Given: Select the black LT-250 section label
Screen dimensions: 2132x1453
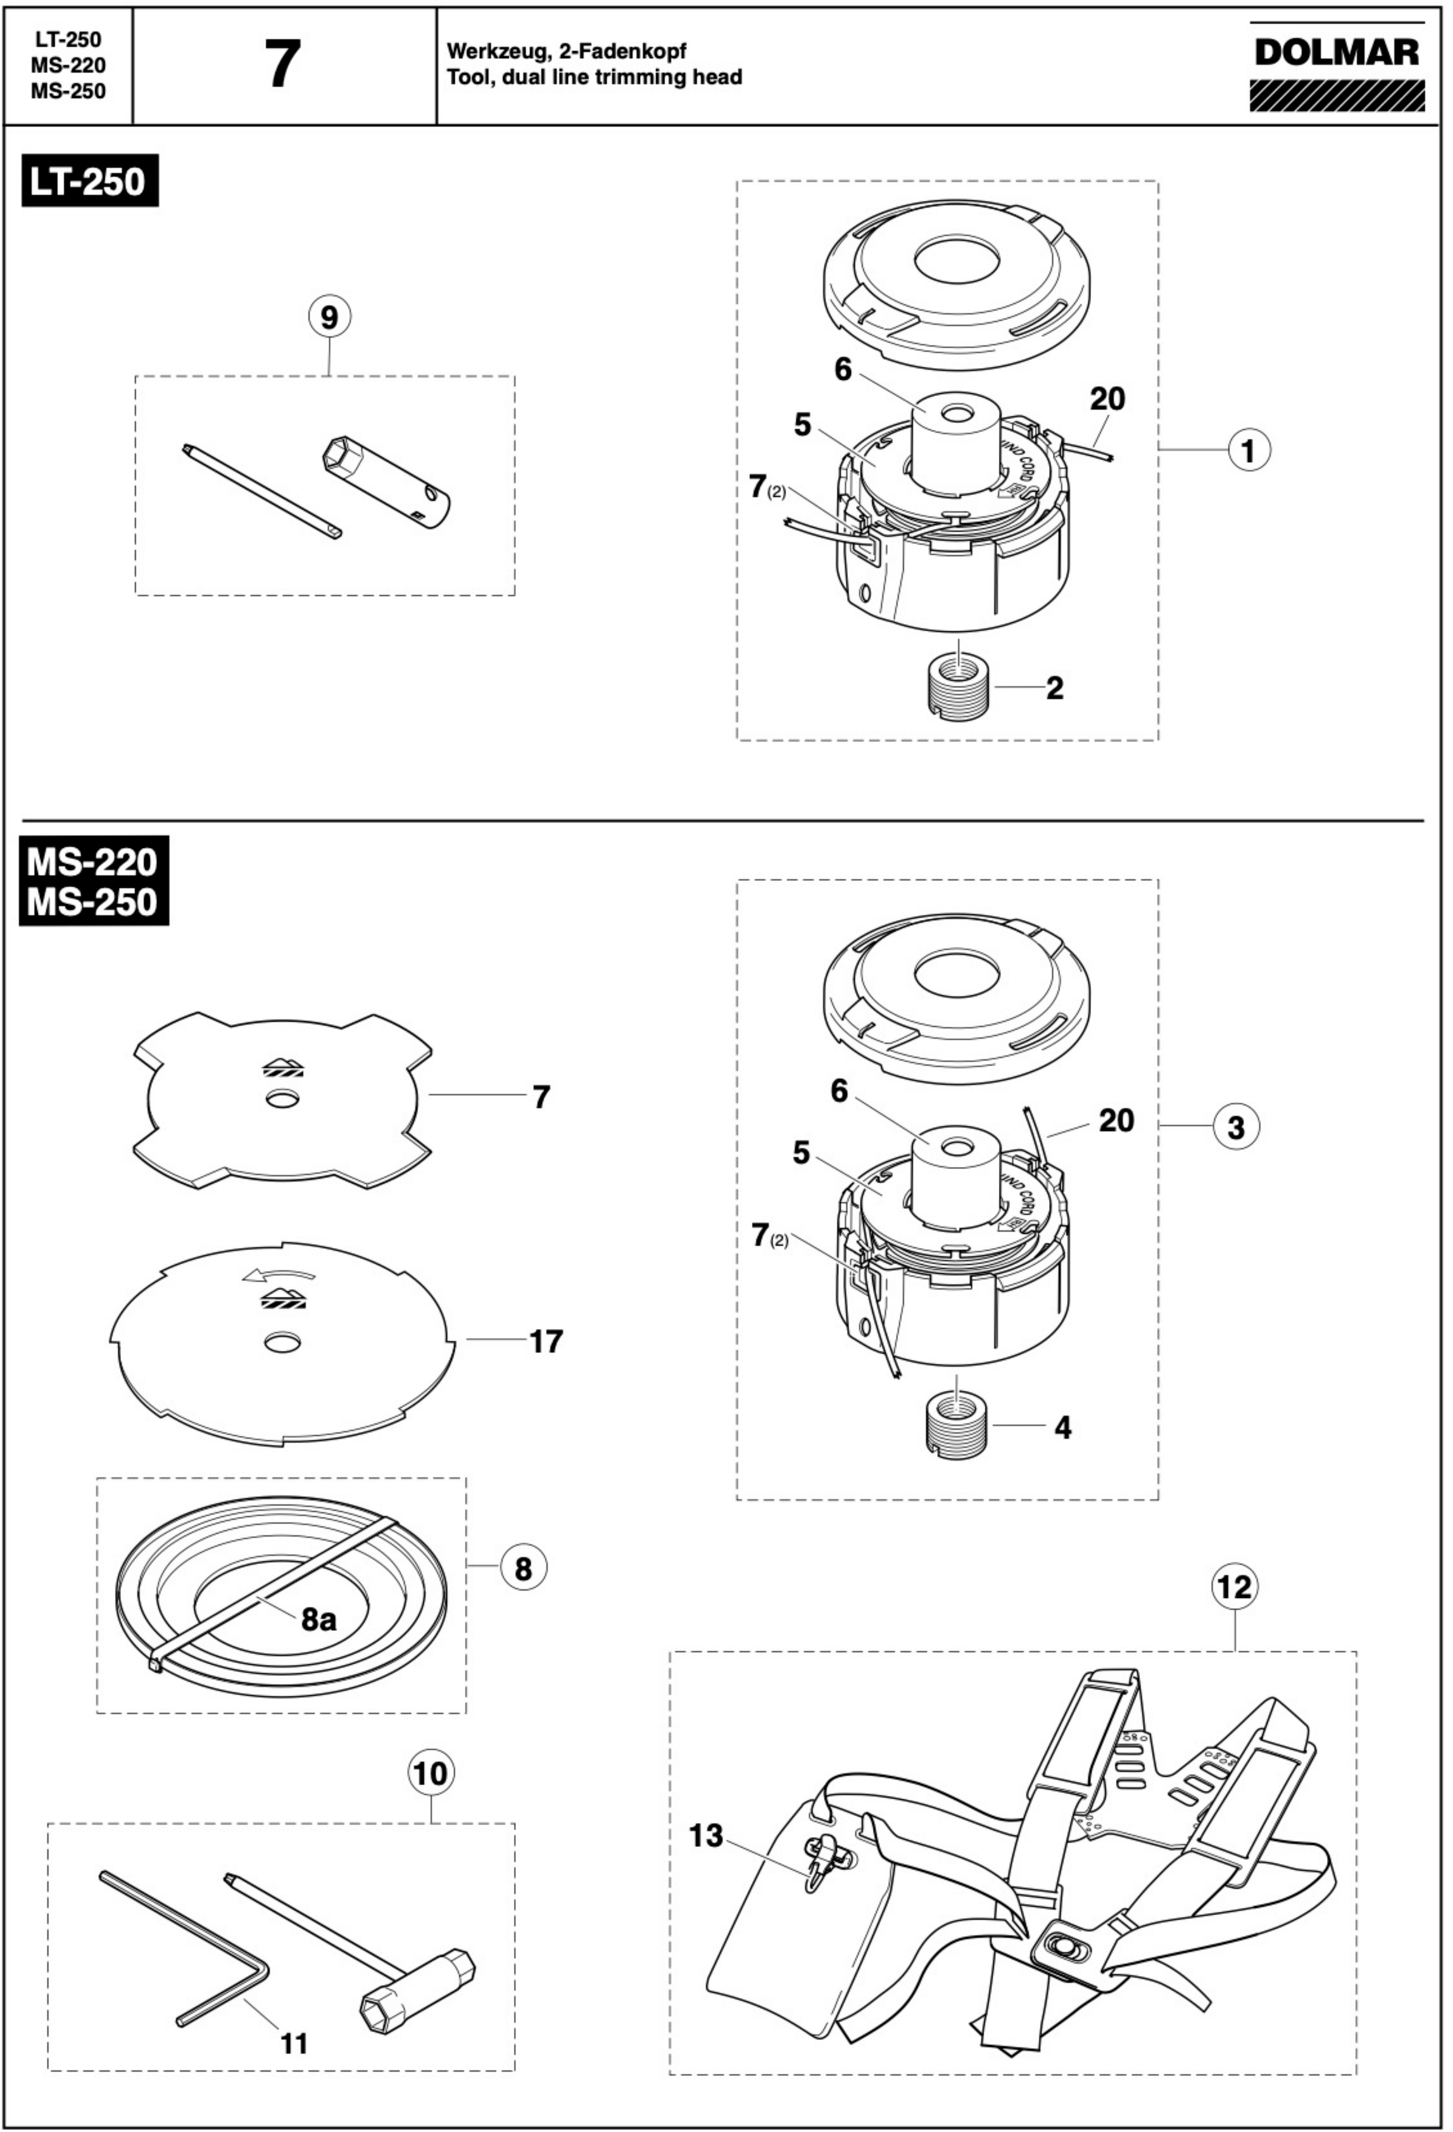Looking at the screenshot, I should pos(89,181).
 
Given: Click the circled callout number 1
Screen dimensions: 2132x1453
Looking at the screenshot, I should pos(1248,451).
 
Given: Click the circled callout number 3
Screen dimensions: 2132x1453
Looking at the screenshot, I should pos(1236,1127).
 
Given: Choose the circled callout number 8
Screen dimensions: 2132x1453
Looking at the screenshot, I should pos(523,1568).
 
